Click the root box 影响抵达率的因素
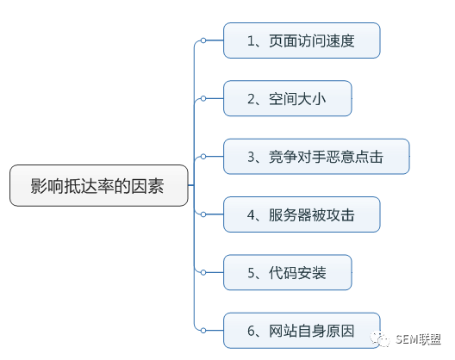click(99, 186)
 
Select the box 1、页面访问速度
click(302, 40)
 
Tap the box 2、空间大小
click(288, 98)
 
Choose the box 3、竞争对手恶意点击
click(316, 157)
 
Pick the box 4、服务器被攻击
click(302, 214)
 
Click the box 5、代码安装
click(288, 272)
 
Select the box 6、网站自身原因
click(302, 331)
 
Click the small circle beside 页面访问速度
click(203, 40)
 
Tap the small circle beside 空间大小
click(203, 98)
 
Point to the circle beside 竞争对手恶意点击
click(203, 157)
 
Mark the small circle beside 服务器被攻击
click(203, 214)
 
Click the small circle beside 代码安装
click(203, 272)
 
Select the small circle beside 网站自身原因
click(203, 331)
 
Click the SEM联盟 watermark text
click(419, 339)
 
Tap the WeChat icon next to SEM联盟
click(379, 339)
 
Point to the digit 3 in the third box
click(251, 157)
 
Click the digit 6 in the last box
click(251, 331)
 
